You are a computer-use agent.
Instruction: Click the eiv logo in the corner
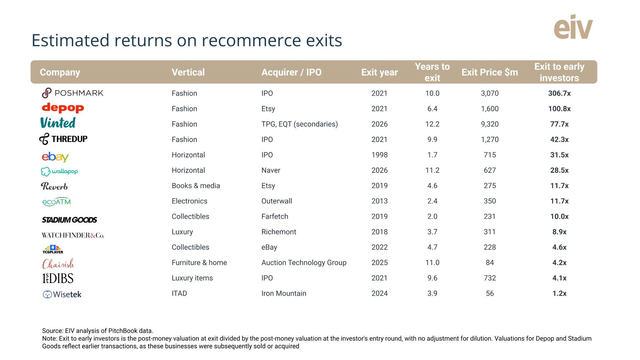pos(573,27)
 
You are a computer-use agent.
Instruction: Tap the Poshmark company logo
pos(72,93)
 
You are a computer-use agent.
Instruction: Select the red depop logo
pos(63,108)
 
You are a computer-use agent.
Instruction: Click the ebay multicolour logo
pos(55,157)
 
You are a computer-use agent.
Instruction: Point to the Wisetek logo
pos(62,294)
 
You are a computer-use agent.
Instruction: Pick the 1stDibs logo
pos(58,278)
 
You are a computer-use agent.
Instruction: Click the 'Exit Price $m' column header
pos(490,72)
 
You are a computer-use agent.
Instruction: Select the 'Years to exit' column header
pos(432,72)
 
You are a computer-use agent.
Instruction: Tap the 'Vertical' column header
pos(188,72)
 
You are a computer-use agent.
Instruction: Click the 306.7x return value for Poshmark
pos(559,93)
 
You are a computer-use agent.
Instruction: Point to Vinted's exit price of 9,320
pos(490,124)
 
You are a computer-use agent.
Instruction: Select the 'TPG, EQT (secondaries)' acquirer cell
pos(300,124)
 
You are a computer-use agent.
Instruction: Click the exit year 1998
pos(379,155)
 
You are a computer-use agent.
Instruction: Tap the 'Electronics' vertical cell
pos(189,201)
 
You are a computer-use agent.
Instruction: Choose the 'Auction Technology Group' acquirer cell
pos(304,262)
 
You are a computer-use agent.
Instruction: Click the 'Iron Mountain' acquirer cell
pos(284,293)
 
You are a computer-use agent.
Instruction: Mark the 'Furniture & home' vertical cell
pos(199,262)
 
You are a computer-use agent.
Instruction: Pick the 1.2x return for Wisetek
pos(559,293)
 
